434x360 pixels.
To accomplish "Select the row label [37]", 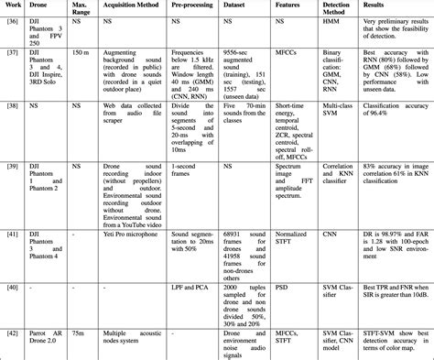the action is pos(11,55).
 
